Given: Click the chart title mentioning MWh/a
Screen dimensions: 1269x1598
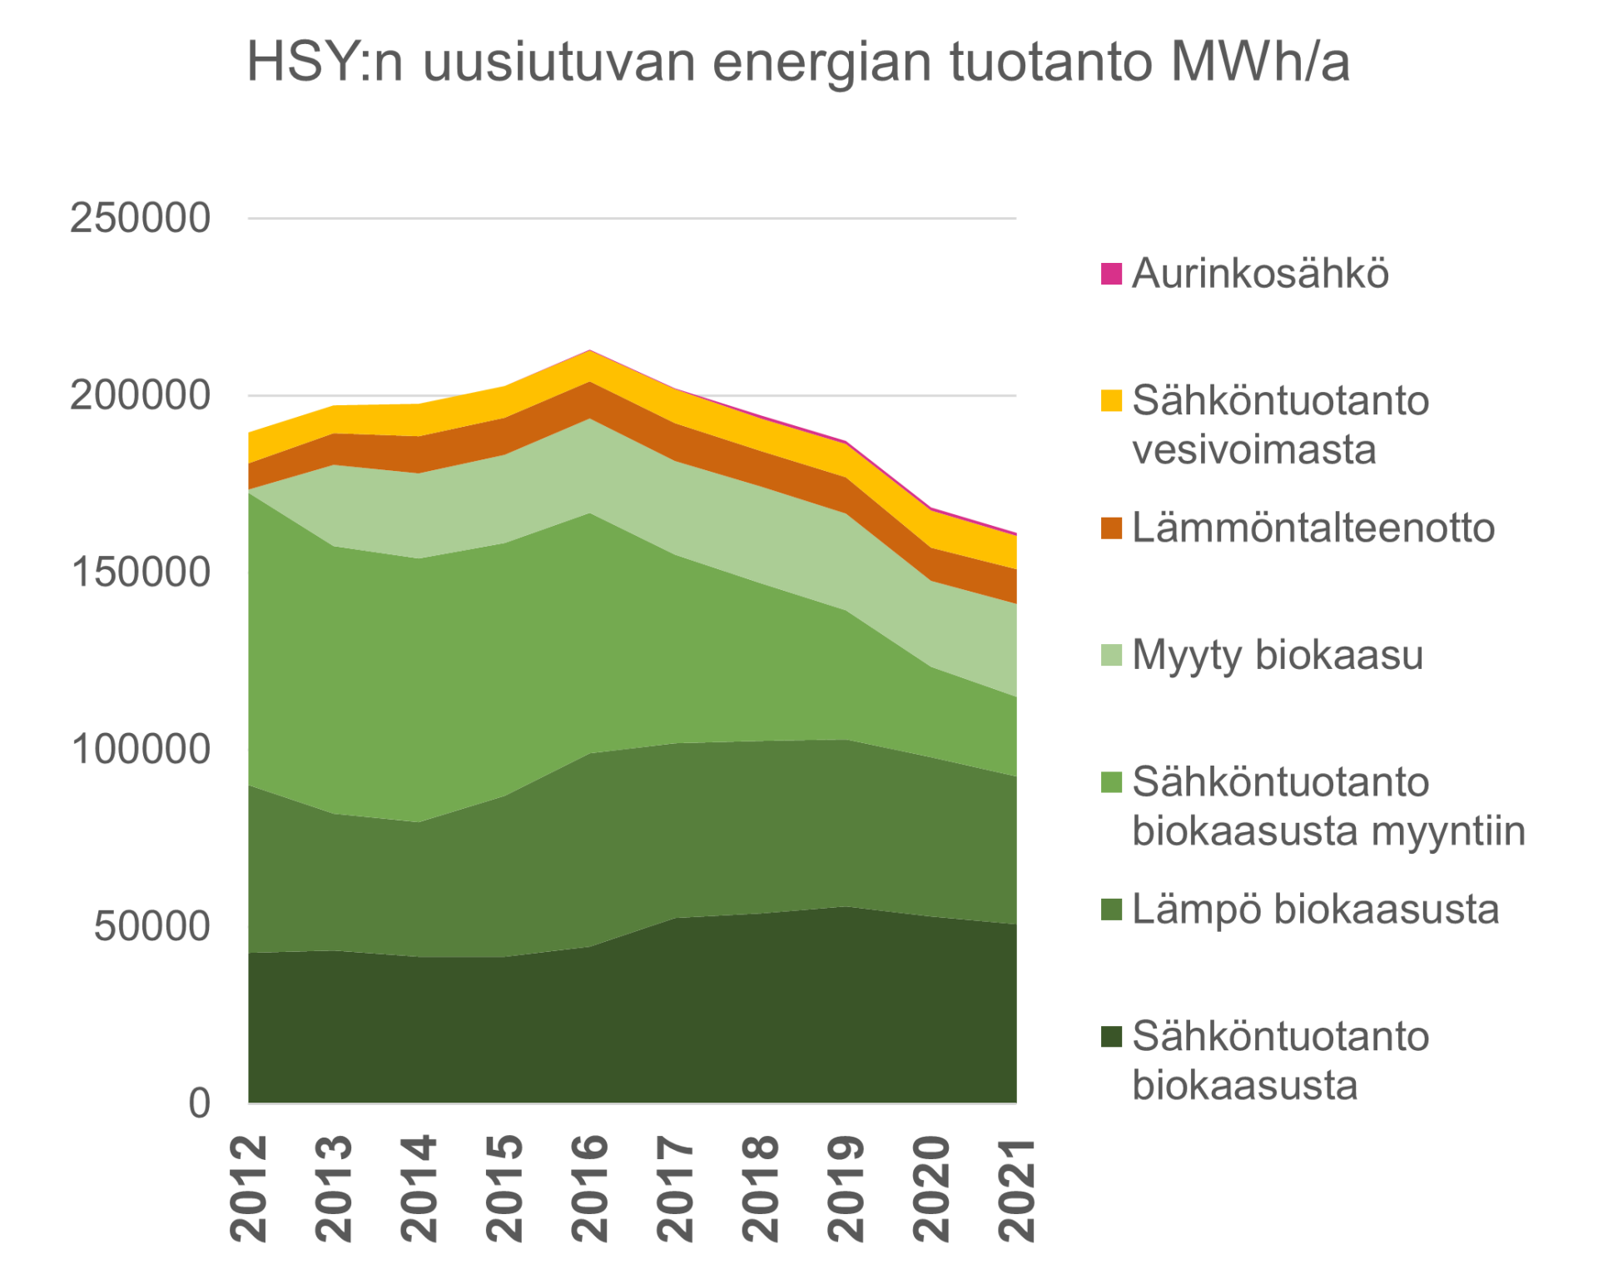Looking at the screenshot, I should [797, 62].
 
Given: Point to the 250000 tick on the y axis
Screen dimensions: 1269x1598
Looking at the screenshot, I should [140, 219].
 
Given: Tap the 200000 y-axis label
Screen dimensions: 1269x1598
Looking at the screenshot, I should [140, 395].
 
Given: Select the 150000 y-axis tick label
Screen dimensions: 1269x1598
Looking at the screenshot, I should [140, 573].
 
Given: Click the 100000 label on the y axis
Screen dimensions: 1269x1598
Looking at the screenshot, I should [140, 749].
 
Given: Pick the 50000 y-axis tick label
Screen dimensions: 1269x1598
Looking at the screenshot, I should [151, 926].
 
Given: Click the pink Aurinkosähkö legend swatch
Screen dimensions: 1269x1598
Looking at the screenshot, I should [1111, 274].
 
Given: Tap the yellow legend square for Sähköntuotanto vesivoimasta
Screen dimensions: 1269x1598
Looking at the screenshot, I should [1111, 401].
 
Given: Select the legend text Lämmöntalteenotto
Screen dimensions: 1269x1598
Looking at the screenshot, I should [1313, 528].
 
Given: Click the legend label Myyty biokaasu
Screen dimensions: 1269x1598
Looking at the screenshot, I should [1278, 655].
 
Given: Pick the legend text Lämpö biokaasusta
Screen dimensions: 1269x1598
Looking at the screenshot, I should [1315, 909].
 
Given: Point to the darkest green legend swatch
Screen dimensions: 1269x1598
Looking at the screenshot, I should [1111, 1037].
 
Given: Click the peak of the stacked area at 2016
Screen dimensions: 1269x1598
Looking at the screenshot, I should [590, 351].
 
